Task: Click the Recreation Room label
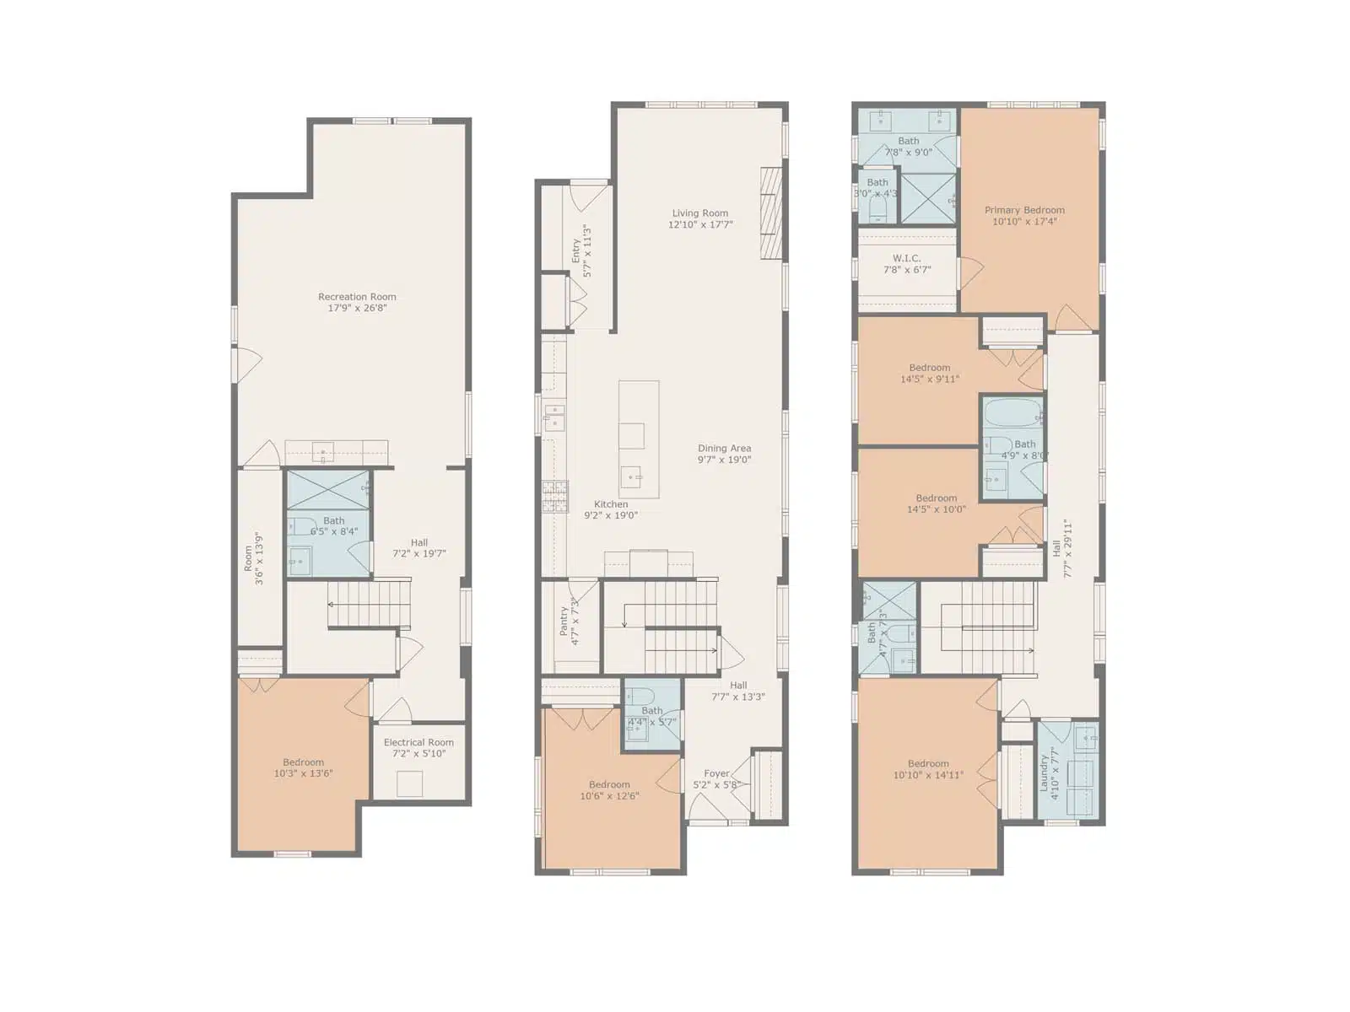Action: (357, 297)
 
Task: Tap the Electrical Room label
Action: (418, 742)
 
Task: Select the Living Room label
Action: (700, 213)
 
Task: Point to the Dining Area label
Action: (724, 449)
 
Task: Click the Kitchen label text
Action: (611, 504)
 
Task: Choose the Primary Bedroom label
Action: (1024, 210)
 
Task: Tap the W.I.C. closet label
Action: (906, 259)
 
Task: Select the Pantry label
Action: (564, 621)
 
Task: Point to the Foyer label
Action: (716, 773)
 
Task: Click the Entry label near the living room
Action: (575, 250)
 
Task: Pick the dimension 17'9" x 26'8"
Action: (357, 308)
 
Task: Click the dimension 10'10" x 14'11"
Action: (928, 775)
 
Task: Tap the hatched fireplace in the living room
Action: (771, 213)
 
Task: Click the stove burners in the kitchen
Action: (554, 497)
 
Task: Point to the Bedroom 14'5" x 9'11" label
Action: (929, 368)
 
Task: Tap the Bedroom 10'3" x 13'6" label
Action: (303, 762)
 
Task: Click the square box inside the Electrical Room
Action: (409, 784)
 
